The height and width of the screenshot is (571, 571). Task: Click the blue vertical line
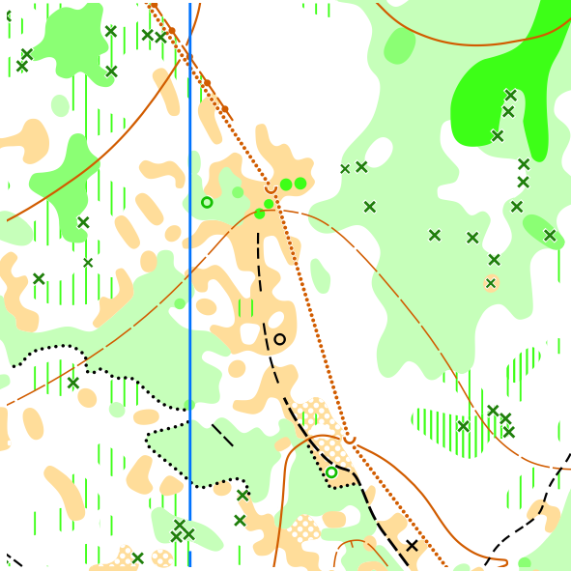pyautogui.click(x=189, y=290)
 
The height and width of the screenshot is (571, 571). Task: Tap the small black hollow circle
pyautogui.click(x=279, y=339)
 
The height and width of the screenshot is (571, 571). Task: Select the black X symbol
pyautogui.click(x=412, y=546)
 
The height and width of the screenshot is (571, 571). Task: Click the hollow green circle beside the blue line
pyautogui.click(x=206, y=202)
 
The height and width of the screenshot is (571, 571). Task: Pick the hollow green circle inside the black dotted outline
pyautogui.click(x=331, y=472)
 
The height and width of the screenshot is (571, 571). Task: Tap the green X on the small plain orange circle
pyautogui.click(x=491, y=283)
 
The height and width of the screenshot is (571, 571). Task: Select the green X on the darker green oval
pyautogui.click(x=550, y=235)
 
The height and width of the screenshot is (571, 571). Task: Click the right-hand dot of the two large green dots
pyautogui.click(x=300, y=183)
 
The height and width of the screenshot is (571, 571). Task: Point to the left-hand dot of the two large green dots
pyautogui.click(x=286, y=184)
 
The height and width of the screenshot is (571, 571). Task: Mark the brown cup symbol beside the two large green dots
pyautogui.click(x=271, y=188)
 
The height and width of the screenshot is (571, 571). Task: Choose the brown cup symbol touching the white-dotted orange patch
pyautogui.click(x=350, y=440)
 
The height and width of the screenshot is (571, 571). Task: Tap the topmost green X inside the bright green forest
pyautogui.click(x=510, y=95)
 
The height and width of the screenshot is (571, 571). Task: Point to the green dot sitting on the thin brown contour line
pyautogui.click(x=260, y=214)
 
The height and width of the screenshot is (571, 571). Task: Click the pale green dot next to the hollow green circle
pyautogui.click(x=238, y=192)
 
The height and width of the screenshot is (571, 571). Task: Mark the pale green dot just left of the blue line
pyautogui.click(x=180, y=303)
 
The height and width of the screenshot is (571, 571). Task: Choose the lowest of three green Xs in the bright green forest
pyautogui.click(x=497, y=136)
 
